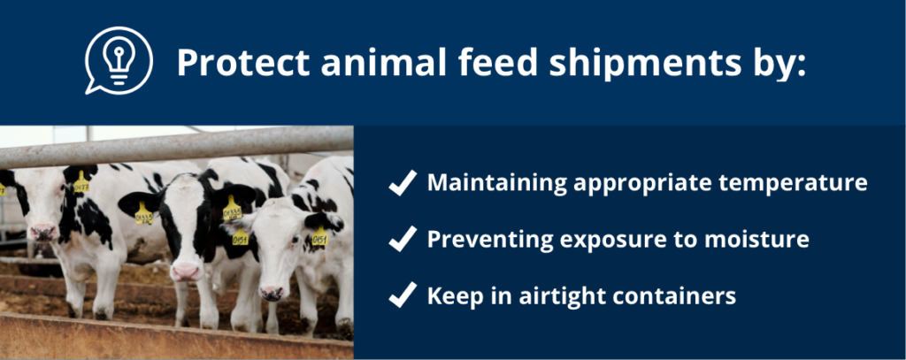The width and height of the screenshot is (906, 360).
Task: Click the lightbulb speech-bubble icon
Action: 119,61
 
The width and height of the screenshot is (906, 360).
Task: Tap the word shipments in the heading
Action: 643,64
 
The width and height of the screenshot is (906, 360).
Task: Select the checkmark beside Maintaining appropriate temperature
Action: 403,183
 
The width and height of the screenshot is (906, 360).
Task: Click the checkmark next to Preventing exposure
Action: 403,239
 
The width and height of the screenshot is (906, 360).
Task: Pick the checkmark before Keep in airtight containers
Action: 403,295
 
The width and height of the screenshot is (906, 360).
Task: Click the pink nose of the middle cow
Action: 187,271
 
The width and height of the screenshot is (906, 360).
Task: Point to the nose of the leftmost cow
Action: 44,233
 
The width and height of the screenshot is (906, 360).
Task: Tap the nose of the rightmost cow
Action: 271,293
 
